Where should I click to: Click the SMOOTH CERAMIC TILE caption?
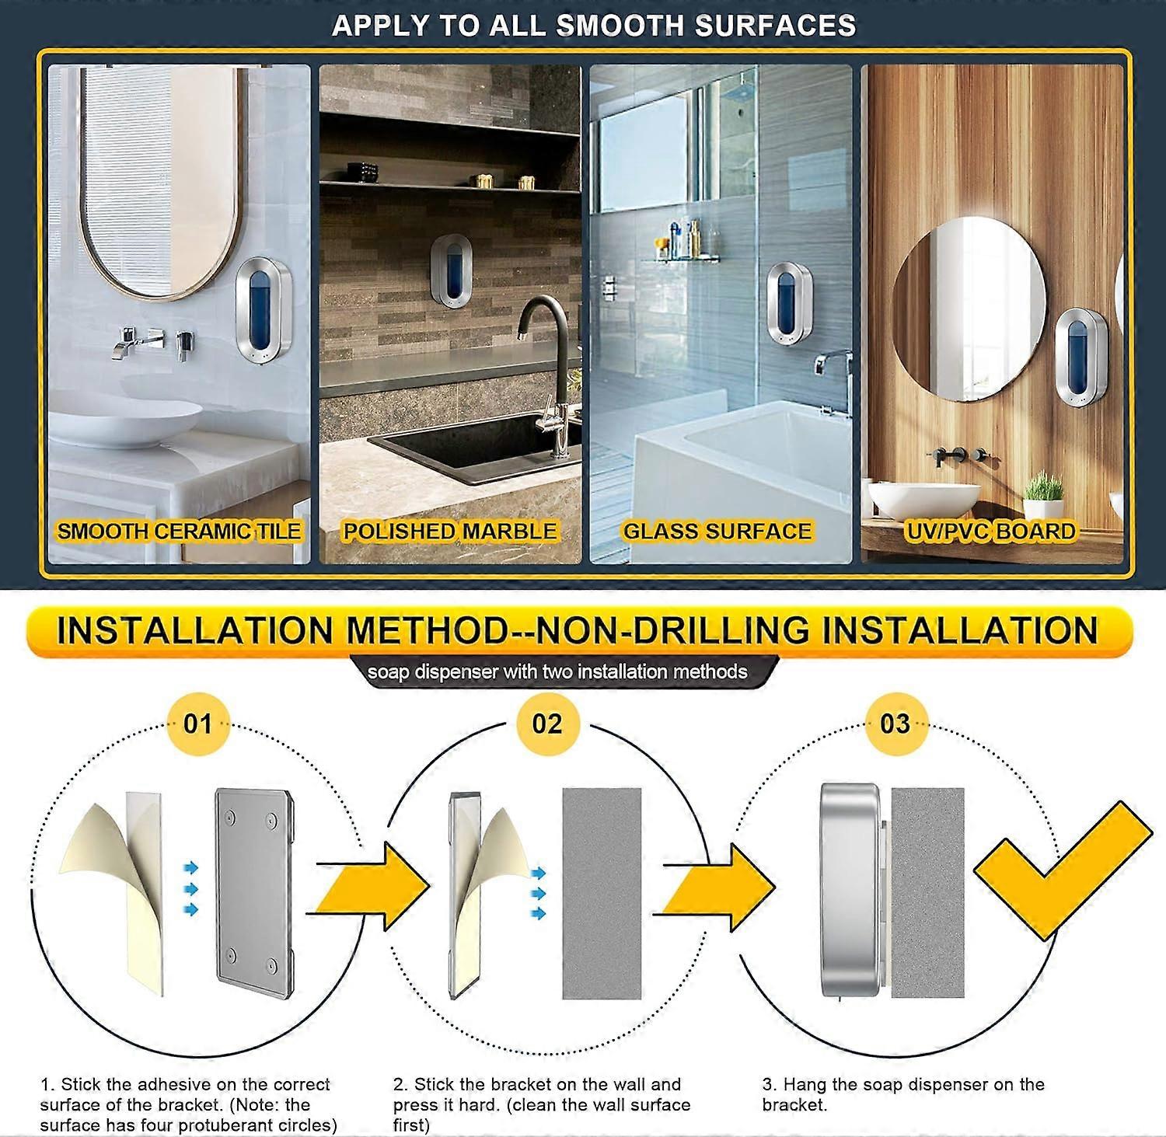click(x=179, y=532)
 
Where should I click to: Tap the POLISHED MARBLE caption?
click(x=450, y=532)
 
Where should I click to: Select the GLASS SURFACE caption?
click(x=717, y=532)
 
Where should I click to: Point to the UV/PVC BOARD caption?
click(x=991, y=532)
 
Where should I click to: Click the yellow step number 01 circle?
click(x=197, y=724)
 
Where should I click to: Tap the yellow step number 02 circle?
click(x=546, y=724)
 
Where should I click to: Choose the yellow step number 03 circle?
click(x=895, y=724)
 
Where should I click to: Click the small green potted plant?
click(x=1044, y=494)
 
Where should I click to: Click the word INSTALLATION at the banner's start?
click(x=194, y=630)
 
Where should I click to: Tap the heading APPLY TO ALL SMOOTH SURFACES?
click(x=594, y=26)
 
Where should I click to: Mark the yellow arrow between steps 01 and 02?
click(x=373, y=888)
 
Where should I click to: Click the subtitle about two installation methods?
click(x=557, y=671)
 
